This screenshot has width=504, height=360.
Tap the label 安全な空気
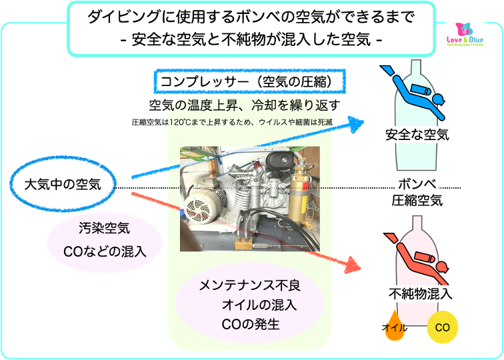click(417, 135)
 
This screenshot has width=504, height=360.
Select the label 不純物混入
click(421, 293)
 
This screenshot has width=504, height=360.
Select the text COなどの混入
click(104, 252)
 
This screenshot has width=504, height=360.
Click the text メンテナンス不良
click(250, 286)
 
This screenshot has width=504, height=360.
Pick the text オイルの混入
click(260, 305)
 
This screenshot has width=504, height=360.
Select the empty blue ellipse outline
click(63, 181)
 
